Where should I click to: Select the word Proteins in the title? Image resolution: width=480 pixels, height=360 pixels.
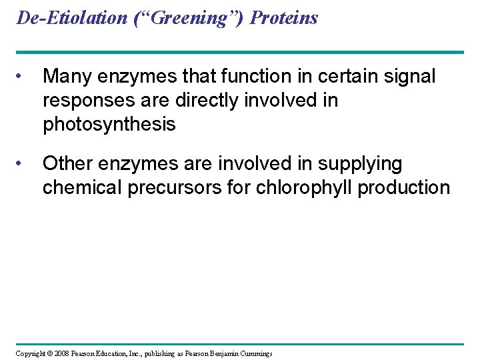click(284, 18)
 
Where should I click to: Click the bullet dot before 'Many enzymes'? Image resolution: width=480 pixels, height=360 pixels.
click(23, 77)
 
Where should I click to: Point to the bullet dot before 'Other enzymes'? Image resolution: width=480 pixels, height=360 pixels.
click(23, 163)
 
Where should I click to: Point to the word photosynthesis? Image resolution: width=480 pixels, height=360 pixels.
click(109, 125)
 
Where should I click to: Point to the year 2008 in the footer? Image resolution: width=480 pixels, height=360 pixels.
click(60, 353)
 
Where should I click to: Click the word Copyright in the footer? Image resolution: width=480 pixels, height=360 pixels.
click(31, 353)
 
